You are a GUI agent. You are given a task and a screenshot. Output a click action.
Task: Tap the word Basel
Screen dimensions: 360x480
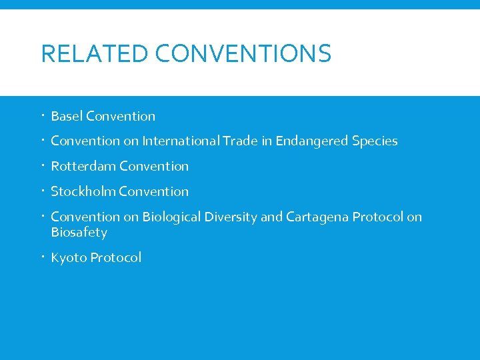click(x=67, y=116)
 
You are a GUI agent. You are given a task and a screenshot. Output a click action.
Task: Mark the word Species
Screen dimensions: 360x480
click(x=375, y=141)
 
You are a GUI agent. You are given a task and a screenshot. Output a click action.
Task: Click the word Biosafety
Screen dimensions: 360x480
click(x=79, y=232)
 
